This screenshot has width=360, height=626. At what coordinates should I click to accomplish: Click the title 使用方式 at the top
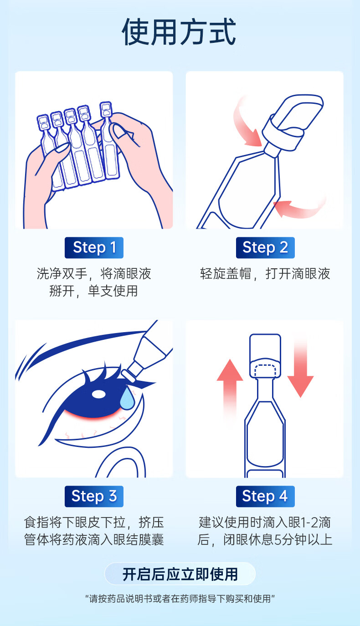[179, 31]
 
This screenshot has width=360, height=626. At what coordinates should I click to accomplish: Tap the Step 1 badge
[94, 247]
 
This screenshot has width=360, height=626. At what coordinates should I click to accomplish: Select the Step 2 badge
[265, 247]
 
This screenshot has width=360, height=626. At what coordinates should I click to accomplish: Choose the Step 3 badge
[94, 496]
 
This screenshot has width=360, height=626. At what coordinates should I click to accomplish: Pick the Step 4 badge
[265, 496]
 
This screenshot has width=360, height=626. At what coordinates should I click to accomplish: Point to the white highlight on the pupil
[99, 394]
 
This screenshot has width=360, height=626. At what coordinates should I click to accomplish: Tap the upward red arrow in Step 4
[230, 391]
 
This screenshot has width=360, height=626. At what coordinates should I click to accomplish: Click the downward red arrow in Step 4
[300, 369]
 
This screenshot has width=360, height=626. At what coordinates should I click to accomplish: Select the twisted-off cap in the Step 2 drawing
[293, 120]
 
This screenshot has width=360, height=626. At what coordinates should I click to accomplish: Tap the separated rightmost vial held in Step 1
[109, 141]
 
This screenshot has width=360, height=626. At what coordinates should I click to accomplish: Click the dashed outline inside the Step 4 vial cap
[265, 370]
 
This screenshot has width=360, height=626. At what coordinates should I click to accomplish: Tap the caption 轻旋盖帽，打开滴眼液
[265, 274]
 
